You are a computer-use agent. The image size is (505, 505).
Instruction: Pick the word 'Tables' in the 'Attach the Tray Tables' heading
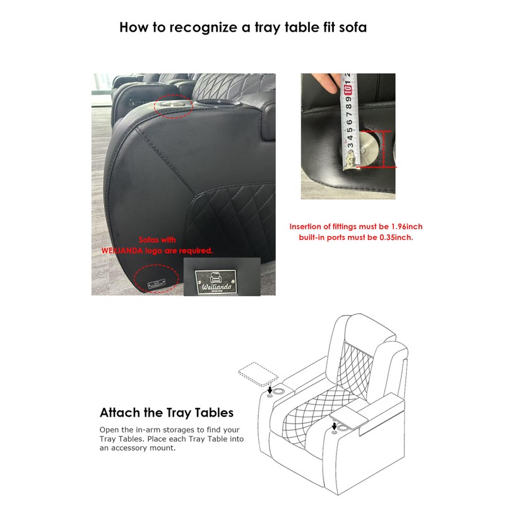click(212, 413)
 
